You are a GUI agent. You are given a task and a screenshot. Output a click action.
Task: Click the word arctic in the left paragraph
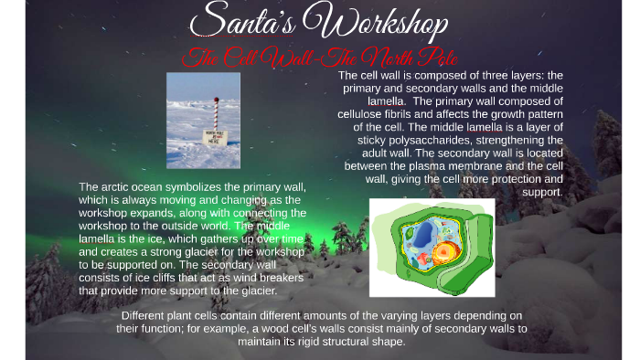pyautogui.click(x=116, y=186)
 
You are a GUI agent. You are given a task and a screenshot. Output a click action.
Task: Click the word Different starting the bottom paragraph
pyautogui.click(x=149, y=315)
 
